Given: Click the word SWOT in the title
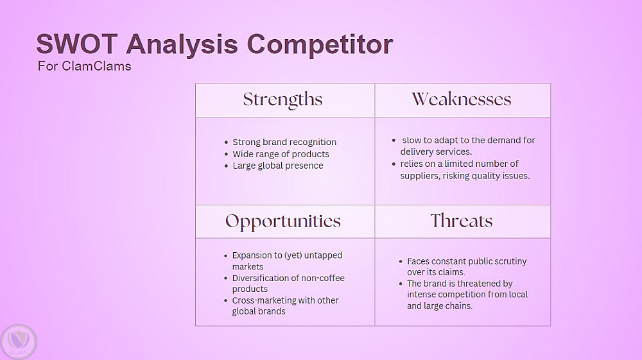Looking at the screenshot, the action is (x=77, y=44).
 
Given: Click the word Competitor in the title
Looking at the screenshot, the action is (x=320, y=45).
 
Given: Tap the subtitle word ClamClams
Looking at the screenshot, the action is (x=97, y=66).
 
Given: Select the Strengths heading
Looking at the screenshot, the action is (x=283, y=100).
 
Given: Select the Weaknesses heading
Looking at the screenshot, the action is (x=462, y=99).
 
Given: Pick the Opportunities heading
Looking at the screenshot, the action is (x=283, y=222).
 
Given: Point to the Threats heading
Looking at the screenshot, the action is (x=462, y=221).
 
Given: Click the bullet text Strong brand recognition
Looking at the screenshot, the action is (x=284, y=142).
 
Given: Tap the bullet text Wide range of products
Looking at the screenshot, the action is (x=281, y=154).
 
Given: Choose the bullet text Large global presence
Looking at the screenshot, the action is (x=278, y=166).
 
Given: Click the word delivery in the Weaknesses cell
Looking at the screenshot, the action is (x=414, y=152).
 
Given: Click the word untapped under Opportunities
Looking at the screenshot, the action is (x=323, y=255).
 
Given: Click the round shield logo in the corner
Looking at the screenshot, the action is (x=19, y=342).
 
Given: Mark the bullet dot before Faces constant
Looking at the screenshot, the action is (x=401, y=261).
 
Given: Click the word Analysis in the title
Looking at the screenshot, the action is (x=182, y=45).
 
